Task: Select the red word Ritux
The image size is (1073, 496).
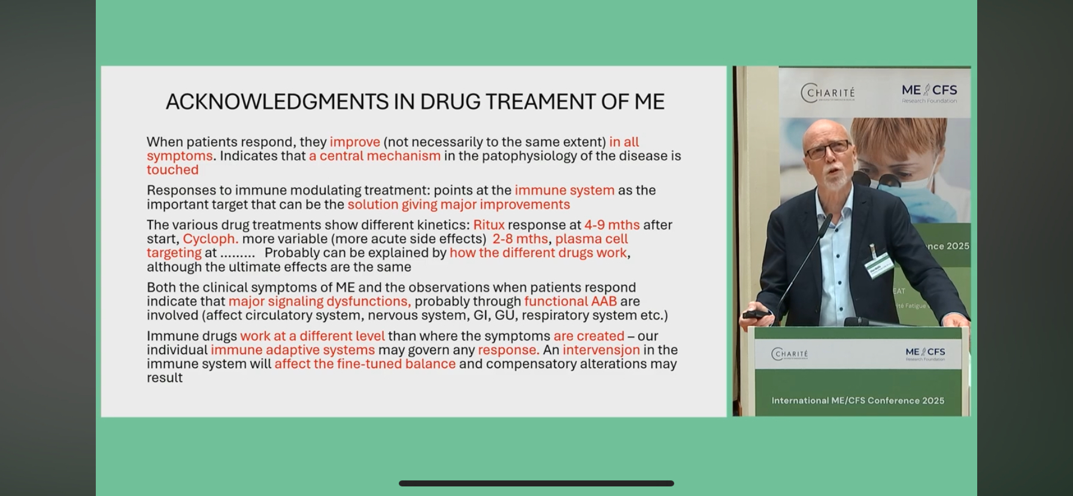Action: coord(489,225)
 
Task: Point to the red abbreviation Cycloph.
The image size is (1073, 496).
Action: coord(211,239)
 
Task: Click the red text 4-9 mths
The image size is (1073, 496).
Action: coord(612,225)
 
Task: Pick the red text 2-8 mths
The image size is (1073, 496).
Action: coord(520,239)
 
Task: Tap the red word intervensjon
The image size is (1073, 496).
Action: coord(601,350)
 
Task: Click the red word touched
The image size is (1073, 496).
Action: coord(172,170)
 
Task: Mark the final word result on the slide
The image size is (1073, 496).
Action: coord(165,377)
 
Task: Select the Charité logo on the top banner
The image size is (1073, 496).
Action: coord(828,93)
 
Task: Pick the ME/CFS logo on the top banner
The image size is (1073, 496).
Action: coord(929,92)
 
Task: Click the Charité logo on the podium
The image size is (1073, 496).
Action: coord(790,354)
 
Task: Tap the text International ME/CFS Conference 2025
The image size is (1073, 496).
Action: coord(857,401)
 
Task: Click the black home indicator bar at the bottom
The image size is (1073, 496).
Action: coord(536,483)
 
